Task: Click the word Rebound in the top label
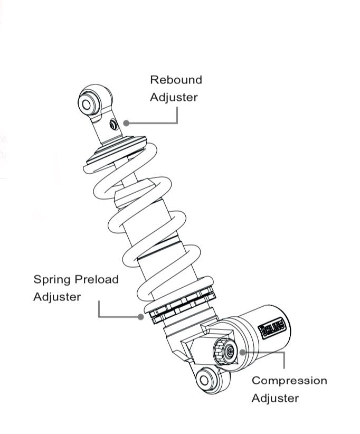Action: pyautogui.click(x=176, y=80)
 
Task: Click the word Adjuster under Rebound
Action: pyautogui.click(x=174, y=97)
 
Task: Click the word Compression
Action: pyautogui.click(x=289, y=380)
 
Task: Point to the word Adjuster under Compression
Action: pyautogui.click(x=274, y=398)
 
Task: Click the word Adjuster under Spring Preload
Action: pyautogui.click(x=57, y=297)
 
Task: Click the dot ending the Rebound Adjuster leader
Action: pyautogui.click(x=126, y=122)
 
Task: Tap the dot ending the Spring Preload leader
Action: pyautogui.click(x=140, y=317)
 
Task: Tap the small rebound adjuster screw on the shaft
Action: pyautogui.click(x=112, y=124)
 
